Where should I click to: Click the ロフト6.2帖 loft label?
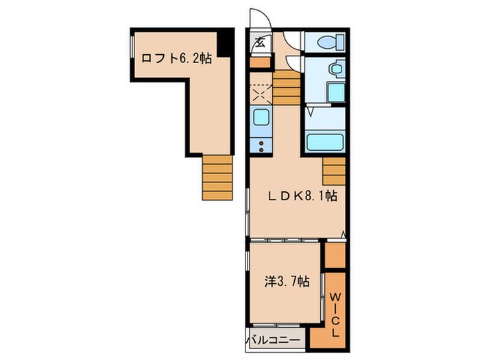coord(176,58)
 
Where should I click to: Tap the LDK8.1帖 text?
coord(303,195)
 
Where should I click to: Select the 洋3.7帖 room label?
coord(287,281)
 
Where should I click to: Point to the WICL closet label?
coord(336,315)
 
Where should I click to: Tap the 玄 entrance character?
coord(260,43)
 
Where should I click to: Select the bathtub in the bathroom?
coord(324,143)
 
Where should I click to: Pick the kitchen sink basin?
coord(261,117)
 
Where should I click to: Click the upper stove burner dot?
coord(261,143)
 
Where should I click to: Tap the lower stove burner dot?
coord(261,149)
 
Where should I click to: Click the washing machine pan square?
coord(336,93)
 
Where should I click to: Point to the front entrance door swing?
coord(260,19)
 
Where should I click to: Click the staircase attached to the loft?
coord(217,178)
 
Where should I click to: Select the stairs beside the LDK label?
coord(334,171)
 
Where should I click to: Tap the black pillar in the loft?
coord(226,43)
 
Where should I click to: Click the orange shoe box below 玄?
coord(260,62)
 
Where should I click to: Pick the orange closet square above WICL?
coord(335,254)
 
